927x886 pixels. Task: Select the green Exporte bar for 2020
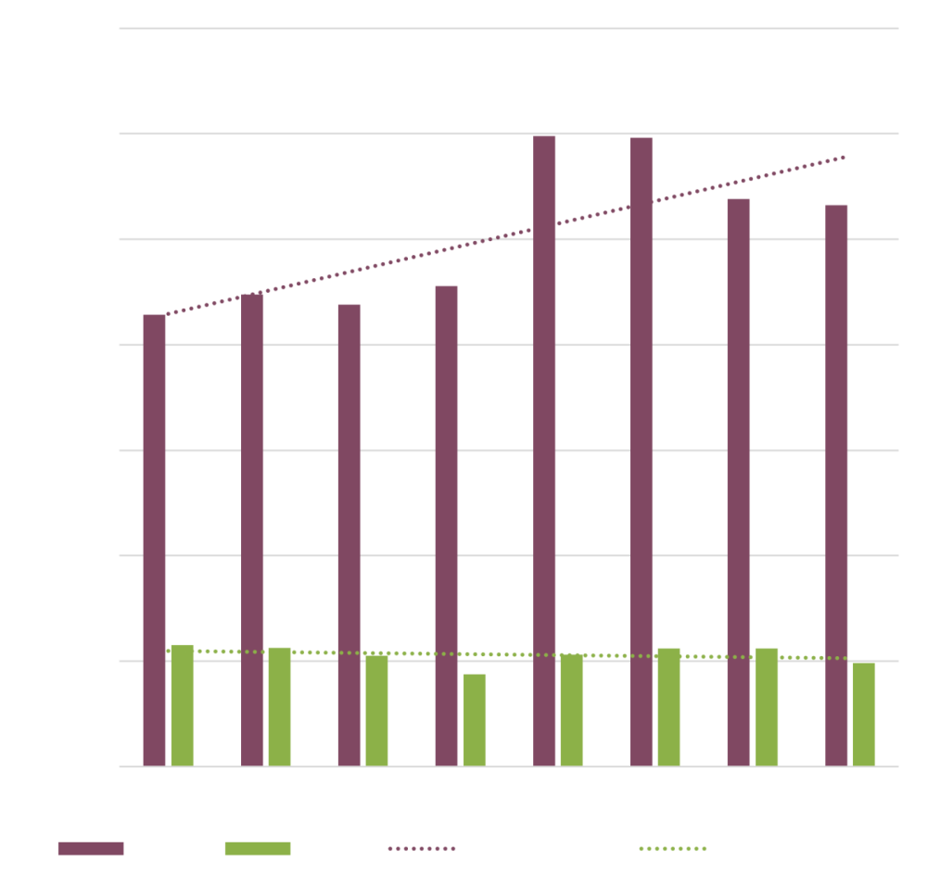(x=475, y=720)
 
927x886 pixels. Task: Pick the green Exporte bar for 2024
(x=864, y=715)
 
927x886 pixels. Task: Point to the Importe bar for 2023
(x=739, y=482)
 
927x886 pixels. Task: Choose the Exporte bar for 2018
(x=280, y=706)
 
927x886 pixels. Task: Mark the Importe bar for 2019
(x=349, y=535)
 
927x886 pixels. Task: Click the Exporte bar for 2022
(x=669, y=707)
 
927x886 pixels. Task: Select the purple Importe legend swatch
(x=90, y=848)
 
